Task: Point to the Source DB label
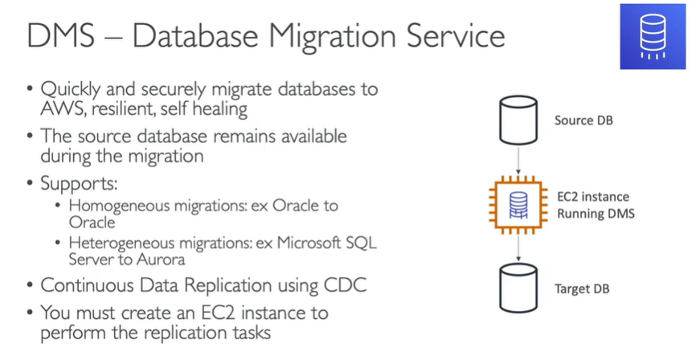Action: point(586,121)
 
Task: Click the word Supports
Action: point(73,182)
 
